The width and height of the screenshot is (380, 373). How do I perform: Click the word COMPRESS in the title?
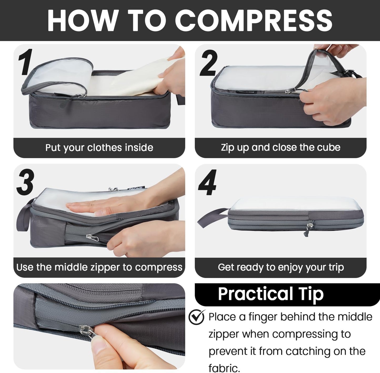(254, 21)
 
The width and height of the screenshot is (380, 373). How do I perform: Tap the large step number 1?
(26, 62)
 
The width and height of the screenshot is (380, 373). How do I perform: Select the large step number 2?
(209, 63)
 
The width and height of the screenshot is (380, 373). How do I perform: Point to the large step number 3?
(26, 182)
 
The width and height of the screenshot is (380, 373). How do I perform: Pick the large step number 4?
(207, 183)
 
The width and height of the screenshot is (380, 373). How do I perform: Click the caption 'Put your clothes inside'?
(99, 148)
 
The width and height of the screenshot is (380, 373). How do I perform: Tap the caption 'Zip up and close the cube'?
(281, 148)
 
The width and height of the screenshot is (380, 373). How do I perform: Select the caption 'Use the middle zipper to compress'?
(99, 267)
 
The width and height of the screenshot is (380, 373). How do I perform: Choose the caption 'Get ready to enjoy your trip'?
(281, 267)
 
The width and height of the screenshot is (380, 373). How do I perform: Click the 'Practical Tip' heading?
(271, 294)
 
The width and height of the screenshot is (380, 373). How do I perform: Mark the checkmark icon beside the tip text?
(196, 317)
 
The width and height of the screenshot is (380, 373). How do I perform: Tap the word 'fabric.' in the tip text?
(224, 368)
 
